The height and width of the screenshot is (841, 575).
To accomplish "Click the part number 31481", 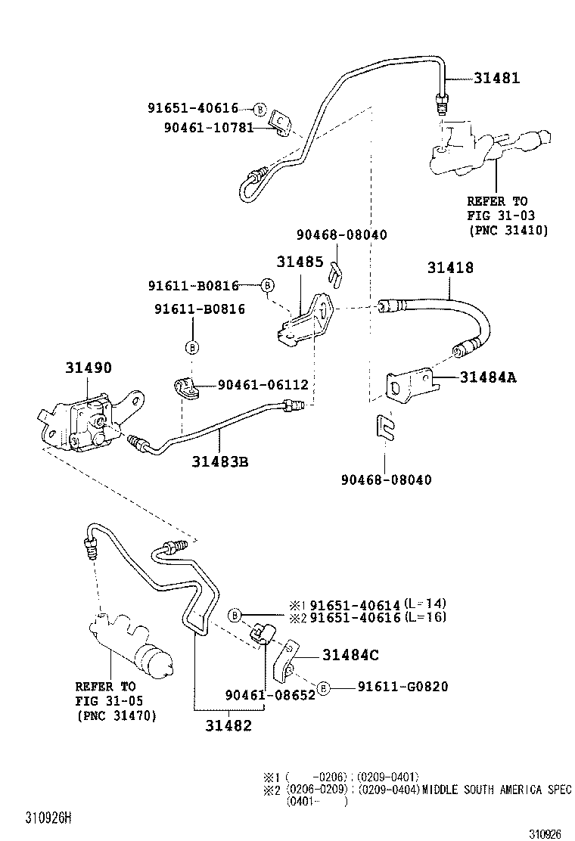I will pos(497,78).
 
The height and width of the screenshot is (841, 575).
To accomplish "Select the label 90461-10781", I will pos(208,127).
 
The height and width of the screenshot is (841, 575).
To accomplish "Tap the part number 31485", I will pos(300,262).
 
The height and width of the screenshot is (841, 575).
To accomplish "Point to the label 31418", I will pos(450,268).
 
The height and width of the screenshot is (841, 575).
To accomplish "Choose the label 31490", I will pos(88,368).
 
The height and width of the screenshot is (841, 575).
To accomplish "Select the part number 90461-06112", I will pos(263,385).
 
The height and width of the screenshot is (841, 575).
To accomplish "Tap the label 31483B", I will pos(219,461).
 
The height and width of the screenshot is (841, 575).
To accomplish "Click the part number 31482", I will pos(228,725).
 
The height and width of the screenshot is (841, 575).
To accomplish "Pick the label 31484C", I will pos(350,655).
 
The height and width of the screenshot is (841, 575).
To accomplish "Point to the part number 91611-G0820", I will pos(402,687).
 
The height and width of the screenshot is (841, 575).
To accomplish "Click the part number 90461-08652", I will pos(269,694).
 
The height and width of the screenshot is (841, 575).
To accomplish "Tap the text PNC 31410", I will pos(508,229).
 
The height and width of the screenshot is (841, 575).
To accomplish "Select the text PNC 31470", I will pos(117,715).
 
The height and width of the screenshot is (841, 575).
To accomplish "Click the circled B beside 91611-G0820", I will pos(323,687).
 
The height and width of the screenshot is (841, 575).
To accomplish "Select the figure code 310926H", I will pos(48,818).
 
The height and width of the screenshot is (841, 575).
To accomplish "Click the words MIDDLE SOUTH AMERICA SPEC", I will pos(496,789).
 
